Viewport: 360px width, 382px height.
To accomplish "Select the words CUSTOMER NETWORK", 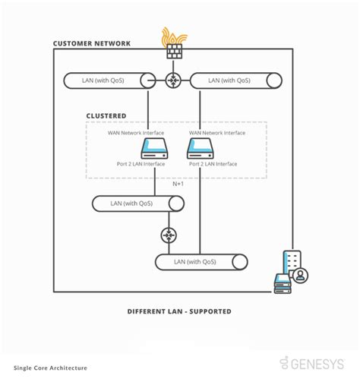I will coord(91,44).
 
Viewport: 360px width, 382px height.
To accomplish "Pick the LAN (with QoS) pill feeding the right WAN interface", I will coord(235,80).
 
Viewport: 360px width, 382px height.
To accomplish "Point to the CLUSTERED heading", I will coord(106,116).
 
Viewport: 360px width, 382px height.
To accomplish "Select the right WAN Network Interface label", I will coord(217,133).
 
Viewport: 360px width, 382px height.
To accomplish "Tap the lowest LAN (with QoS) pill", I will coord(201,262).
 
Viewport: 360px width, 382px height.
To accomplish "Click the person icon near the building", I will coord(302,276).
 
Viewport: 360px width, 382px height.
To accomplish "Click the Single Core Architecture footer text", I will coord(49,368).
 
